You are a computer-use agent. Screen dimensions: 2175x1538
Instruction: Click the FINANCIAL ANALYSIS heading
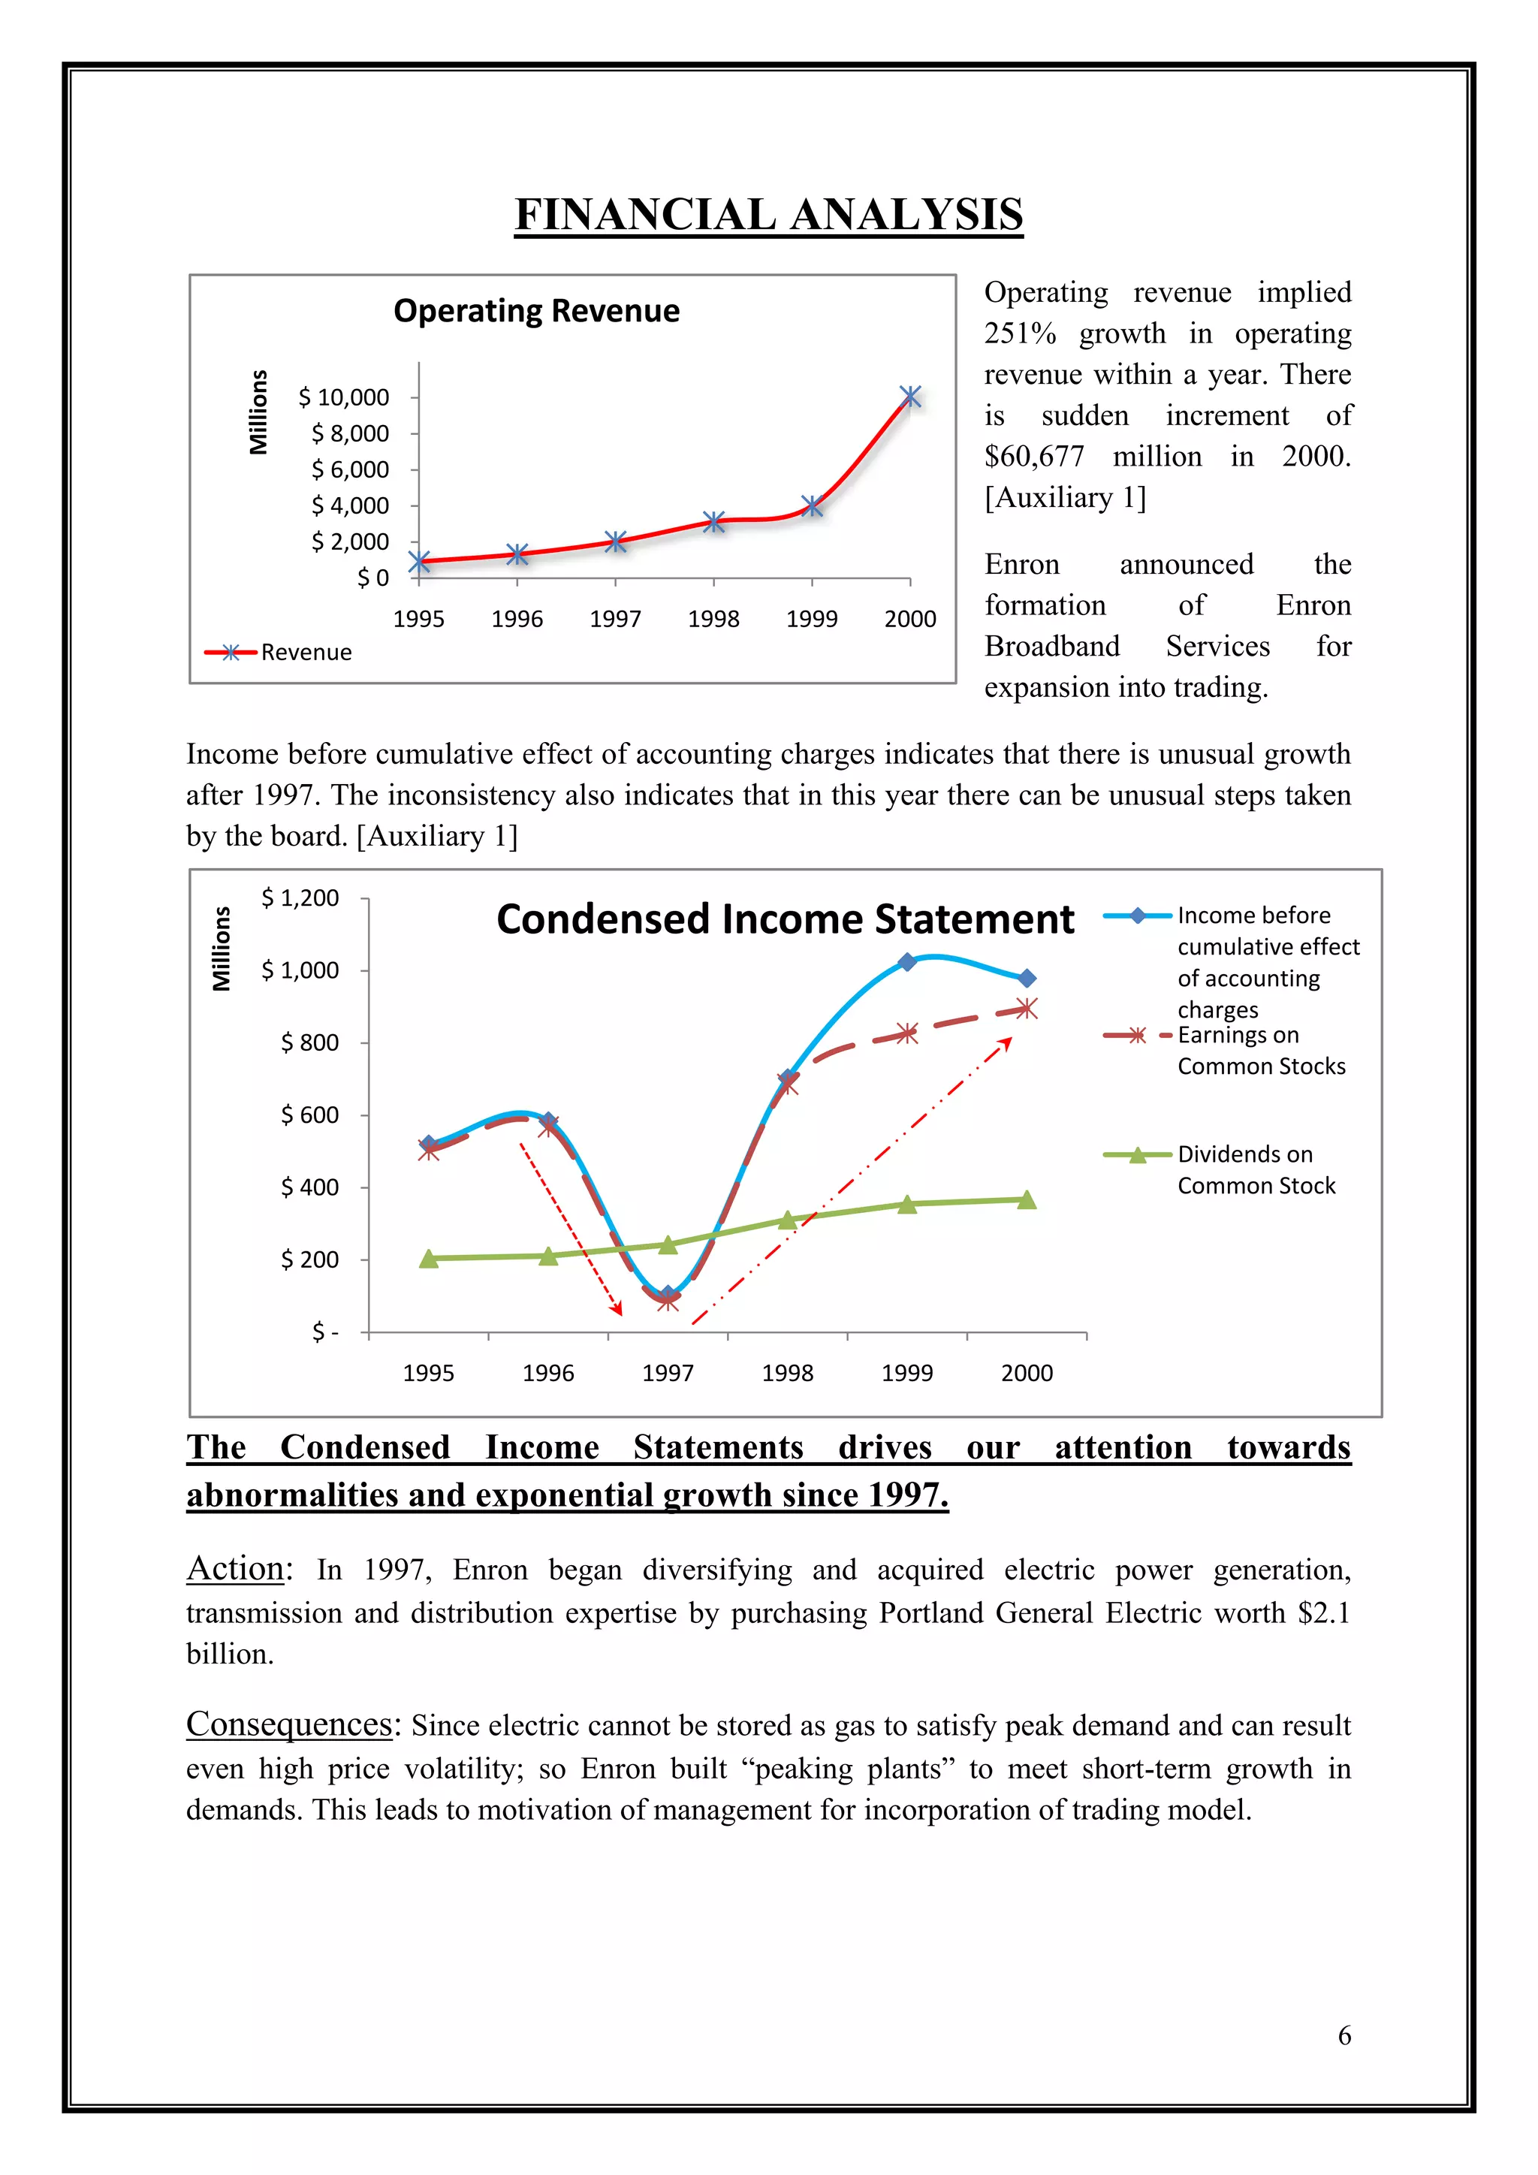click(768, 215)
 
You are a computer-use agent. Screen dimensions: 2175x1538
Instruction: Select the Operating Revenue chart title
click(536, 311)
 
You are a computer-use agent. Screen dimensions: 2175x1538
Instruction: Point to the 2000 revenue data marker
click(910, 396)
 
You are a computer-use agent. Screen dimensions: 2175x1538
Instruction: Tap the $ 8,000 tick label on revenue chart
click(351, 434)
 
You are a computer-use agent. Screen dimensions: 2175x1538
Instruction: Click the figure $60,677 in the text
click(1034, 457)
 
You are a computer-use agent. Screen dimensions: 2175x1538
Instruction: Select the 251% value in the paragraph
click(1020, 333)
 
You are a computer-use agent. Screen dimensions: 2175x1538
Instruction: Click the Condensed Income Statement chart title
click(785, 919)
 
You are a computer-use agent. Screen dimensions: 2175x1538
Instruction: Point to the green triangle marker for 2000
click(1027, 1200)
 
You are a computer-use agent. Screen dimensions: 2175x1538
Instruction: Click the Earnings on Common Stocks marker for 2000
click(1027, 1009)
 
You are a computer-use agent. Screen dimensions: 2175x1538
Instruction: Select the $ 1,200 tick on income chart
click(300, 898)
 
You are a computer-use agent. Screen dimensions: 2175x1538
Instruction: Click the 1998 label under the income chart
click(787, 1374)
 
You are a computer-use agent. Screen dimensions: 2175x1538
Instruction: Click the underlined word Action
click(235, 1569)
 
